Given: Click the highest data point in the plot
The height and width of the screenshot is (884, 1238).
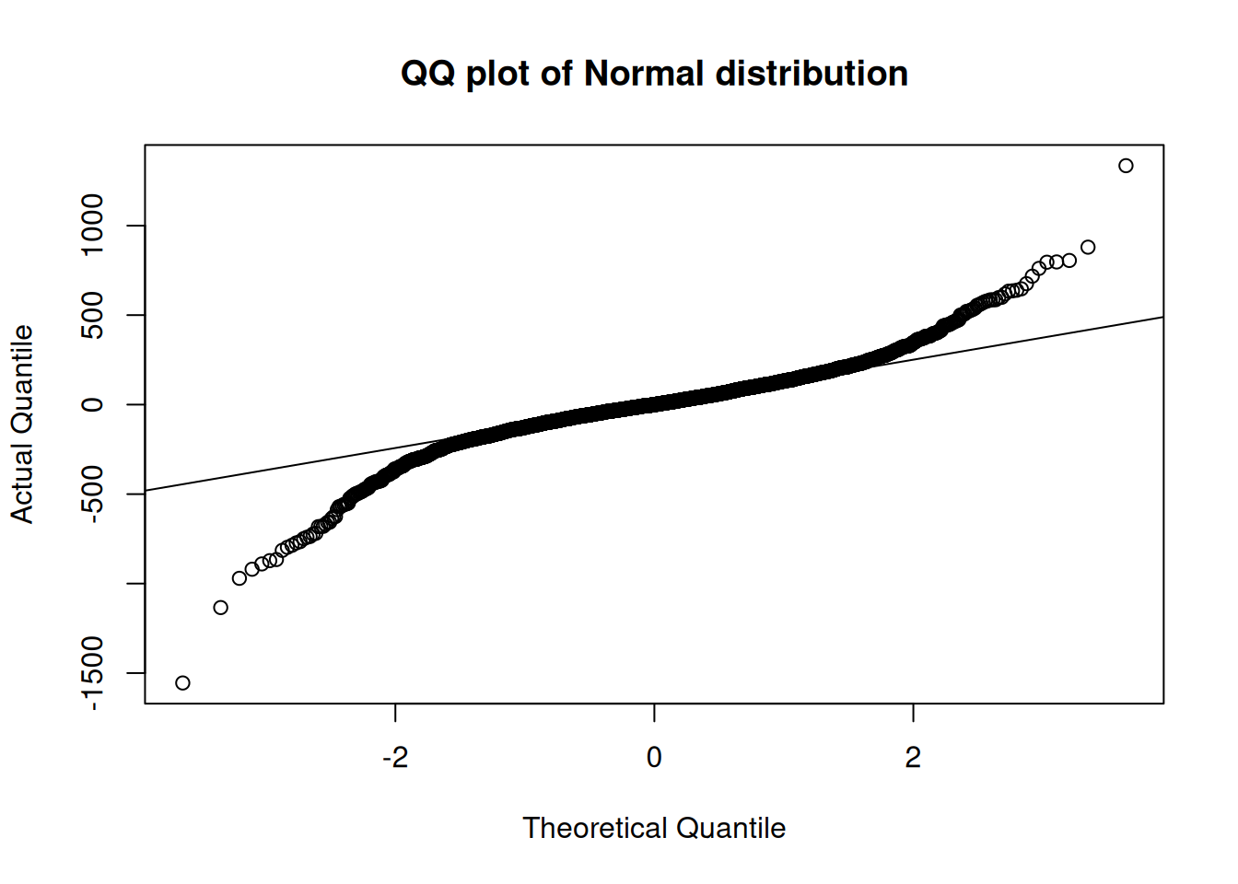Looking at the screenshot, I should click(1126, 166).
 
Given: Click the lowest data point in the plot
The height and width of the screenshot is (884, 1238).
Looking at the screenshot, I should click(182, 682).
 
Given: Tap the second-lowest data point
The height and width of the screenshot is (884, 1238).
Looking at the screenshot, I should click(220, 607).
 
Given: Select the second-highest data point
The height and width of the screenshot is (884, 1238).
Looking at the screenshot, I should click(1088, 247).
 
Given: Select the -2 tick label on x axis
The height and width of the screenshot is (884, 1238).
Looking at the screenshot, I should click(394, 758).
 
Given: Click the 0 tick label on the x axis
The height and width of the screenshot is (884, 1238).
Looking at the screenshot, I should click(654, 758).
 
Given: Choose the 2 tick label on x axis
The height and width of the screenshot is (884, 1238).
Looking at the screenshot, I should click(913, 758).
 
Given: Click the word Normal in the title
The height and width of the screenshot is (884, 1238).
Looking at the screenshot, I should click(644, 74).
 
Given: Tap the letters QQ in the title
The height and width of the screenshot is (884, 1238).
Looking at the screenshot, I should click(427, 74).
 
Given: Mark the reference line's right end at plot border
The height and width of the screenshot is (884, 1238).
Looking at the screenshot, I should click(1163, 317).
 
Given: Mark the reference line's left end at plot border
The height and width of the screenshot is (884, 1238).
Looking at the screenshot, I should click(146, 491).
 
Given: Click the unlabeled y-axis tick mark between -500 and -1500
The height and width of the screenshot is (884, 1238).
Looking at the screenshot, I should click(134, 584).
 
